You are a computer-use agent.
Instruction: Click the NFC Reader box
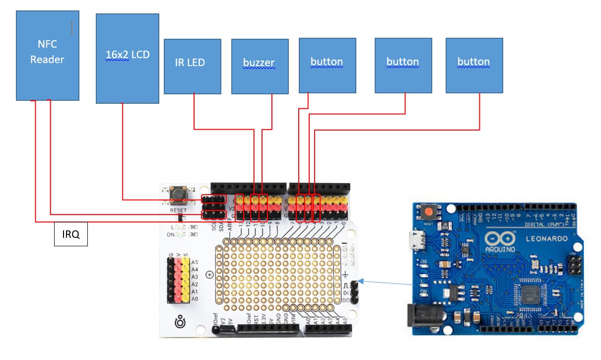[48, 55]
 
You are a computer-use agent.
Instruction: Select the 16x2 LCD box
[128, 58]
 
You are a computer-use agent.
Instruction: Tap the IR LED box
[193, 66]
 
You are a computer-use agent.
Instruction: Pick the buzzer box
[260, 66]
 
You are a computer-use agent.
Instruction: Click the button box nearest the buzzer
[327, 65]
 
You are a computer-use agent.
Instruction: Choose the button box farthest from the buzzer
[474, 65]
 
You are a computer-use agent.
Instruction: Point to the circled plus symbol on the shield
[209, 274]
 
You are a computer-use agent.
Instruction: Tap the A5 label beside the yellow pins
[195, 262]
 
